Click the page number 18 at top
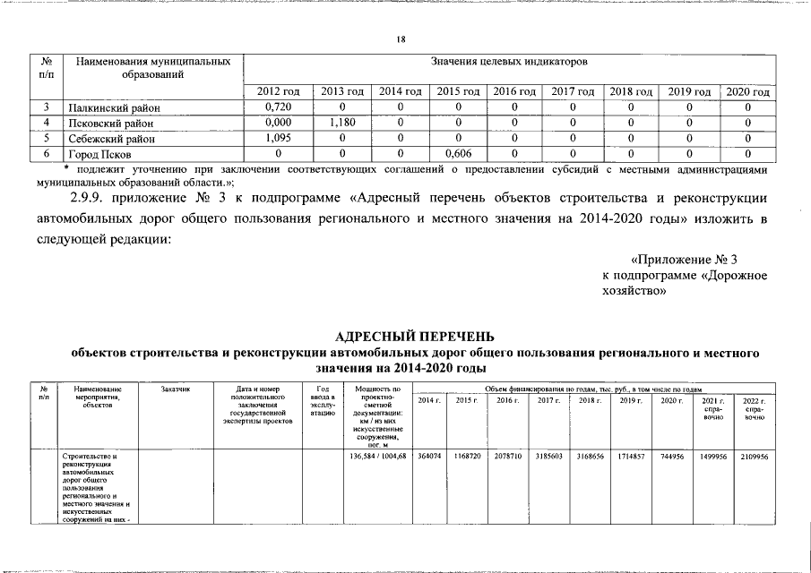(x=401, y=38)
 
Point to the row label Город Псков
(x=99, y=154)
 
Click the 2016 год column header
(x=514, y=92)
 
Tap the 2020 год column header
(x=747, y=92)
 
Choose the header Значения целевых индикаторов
(x=508, y=64)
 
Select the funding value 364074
(x=429, y=456)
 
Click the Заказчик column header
(x=176, y=389)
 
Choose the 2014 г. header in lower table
(x=429, y=399)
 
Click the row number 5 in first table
(x=46, y=139)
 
